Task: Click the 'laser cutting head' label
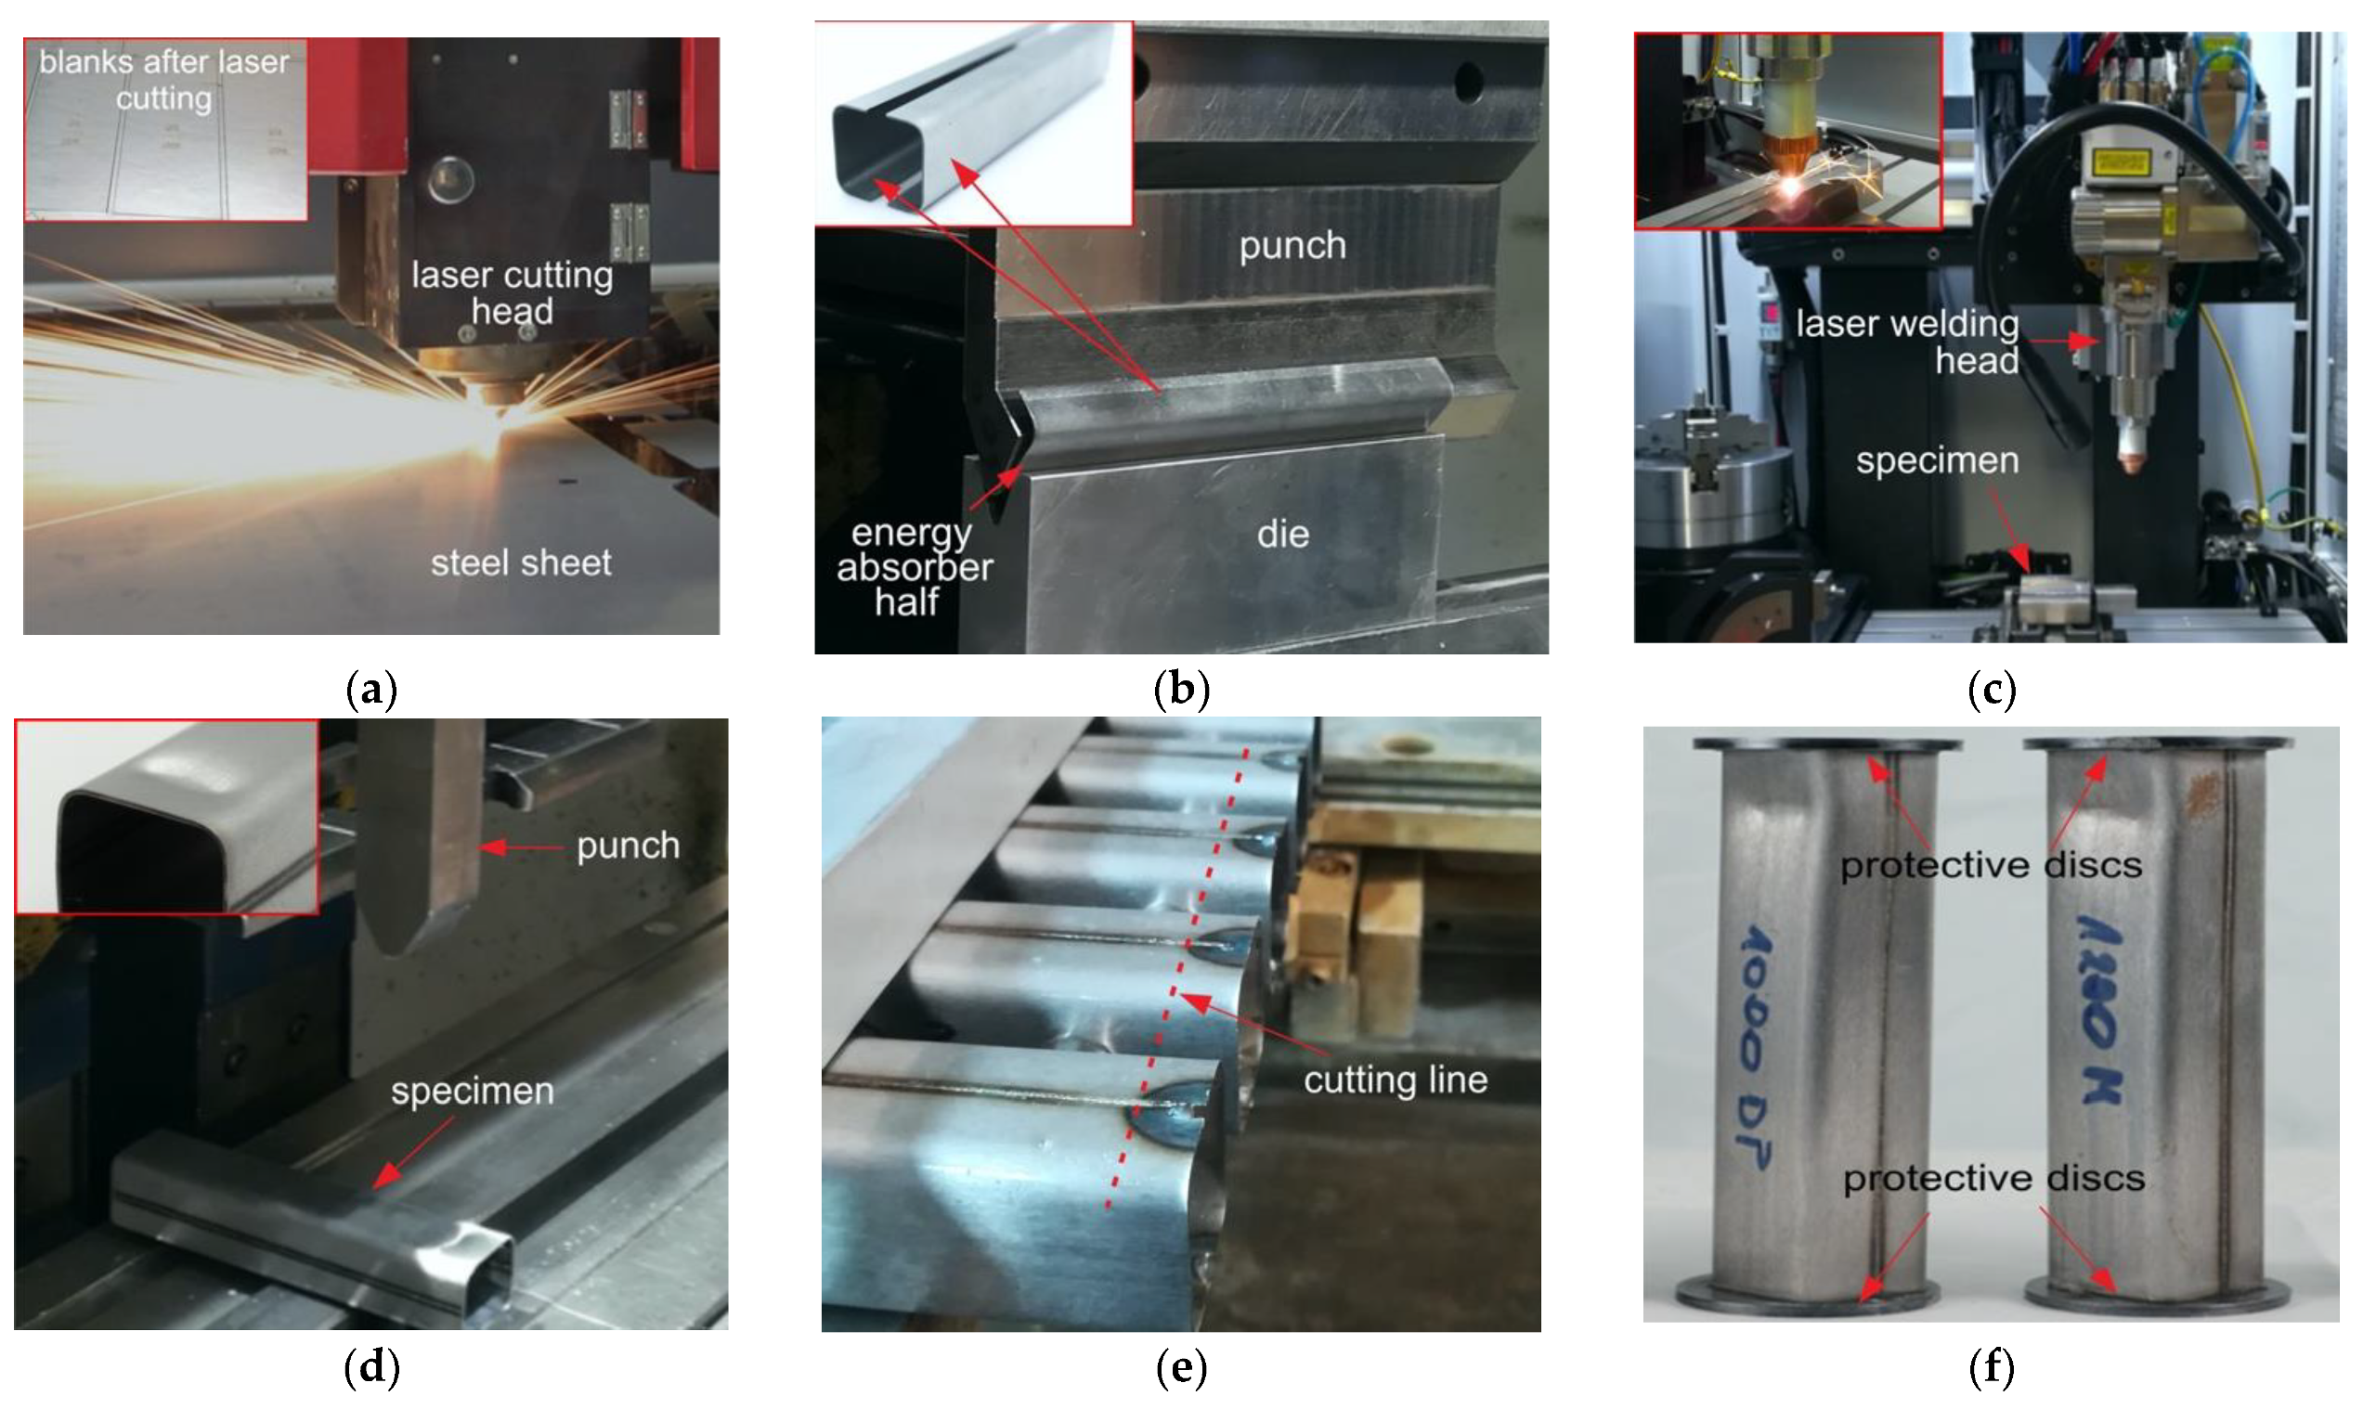click(512, 292)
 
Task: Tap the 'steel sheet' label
click(521, 563)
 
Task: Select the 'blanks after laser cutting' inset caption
click(164, 80)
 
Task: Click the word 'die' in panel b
click(1283, 535)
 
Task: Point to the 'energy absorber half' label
click(913, 568)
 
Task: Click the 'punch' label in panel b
click(1292, 246)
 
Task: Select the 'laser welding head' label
click(1907, 342)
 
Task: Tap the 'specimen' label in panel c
click(1938, 460)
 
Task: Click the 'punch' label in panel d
click(628, 845)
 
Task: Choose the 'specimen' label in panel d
click(472, 1091)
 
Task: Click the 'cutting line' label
click(1396, 1079)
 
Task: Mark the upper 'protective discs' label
click(1991, 865)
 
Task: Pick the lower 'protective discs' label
click(1993, 1178)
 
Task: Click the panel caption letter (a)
click(371, 690)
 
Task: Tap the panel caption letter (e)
click(1181, 1367)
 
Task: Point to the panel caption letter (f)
click(1992, 1367)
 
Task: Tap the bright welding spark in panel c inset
click(1791, 185)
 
